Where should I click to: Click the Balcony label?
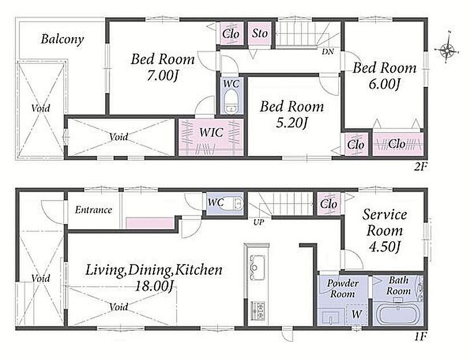(62, 39)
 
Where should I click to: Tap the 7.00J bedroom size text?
(162, 75)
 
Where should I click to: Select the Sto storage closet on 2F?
(260, 33)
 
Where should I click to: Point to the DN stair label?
(328, 52)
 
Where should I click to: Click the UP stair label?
(259, 223)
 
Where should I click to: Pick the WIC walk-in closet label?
(211, 133)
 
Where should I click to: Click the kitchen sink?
(256, 267)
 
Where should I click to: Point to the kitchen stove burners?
(257, 310)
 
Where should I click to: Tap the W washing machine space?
(357, 314)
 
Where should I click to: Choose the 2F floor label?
(420, 166)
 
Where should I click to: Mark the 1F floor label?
(420, 337)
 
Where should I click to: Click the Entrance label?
(94, 210)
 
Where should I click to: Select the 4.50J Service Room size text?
(384, 247)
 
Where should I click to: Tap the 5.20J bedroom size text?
(292, 123)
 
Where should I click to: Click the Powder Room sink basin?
(331, 317)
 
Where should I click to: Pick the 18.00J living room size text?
(154, 286)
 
